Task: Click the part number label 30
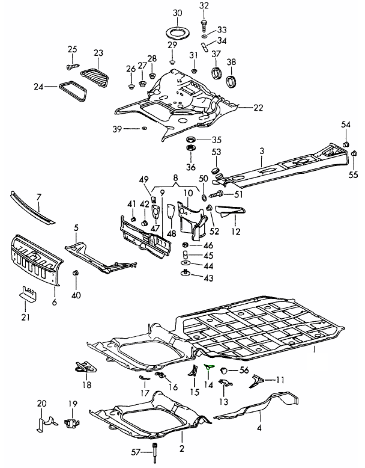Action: pos(176,13)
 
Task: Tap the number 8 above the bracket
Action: pos(175,178)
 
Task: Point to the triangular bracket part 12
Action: pos(232,210)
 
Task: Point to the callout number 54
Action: pos(346,125)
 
